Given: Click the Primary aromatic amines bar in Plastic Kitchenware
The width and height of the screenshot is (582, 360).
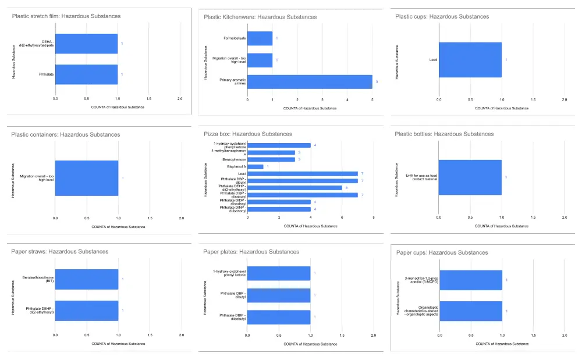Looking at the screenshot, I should (x=310, y=82).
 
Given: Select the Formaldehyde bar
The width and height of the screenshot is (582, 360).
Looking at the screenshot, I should (x=260, y=38).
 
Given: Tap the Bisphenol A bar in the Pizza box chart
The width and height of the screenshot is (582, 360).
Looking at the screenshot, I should (x=255, y=166).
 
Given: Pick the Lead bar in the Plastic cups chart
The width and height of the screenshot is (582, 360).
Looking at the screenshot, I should (x=470, y=59).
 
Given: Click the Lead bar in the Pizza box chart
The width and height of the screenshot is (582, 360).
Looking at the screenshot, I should (x=303, y=173).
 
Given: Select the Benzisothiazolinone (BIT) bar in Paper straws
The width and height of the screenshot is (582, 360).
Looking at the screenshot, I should (x=86, y=279).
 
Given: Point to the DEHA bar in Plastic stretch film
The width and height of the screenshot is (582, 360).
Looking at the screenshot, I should (x=86, y=44).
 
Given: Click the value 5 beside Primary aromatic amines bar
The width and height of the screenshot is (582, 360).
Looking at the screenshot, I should (x=377, y=82).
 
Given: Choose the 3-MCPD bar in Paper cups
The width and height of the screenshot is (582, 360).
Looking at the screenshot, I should (x=470, y=280).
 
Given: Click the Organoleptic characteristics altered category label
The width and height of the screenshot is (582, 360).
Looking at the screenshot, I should (x=420, y=312).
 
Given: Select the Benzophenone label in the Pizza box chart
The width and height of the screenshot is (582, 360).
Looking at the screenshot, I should (x=233, y=159).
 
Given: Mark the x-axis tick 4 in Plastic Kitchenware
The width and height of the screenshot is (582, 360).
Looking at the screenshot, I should (x=347, y=100).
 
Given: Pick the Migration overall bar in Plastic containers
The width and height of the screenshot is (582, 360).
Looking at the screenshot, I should (x=86, y=178).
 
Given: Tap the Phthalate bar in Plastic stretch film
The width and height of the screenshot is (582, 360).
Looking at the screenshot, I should (x=86, y=74).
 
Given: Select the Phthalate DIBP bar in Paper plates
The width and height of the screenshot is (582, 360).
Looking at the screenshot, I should (x=279, y=317).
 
